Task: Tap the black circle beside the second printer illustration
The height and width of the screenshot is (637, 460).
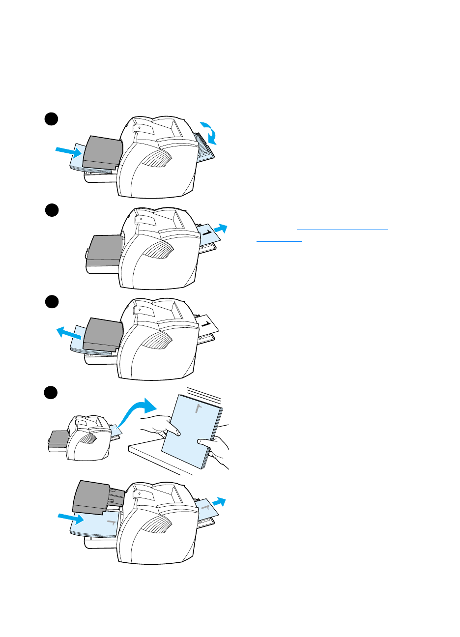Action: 52,210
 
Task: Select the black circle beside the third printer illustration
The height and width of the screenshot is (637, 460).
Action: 52,302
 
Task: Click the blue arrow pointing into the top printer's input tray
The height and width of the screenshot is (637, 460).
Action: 68,151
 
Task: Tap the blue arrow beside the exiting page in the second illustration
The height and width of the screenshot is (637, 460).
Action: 221,229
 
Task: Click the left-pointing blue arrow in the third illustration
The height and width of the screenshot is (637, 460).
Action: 68,333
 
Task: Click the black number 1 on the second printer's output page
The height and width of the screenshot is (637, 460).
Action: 208,232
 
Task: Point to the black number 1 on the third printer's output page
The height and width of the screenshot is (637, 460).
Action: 207,324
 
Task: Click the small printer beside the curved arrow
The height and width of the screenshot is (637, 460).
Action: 85,437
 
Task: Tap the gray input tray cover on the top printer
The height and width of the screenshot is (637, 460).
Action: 102,152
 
